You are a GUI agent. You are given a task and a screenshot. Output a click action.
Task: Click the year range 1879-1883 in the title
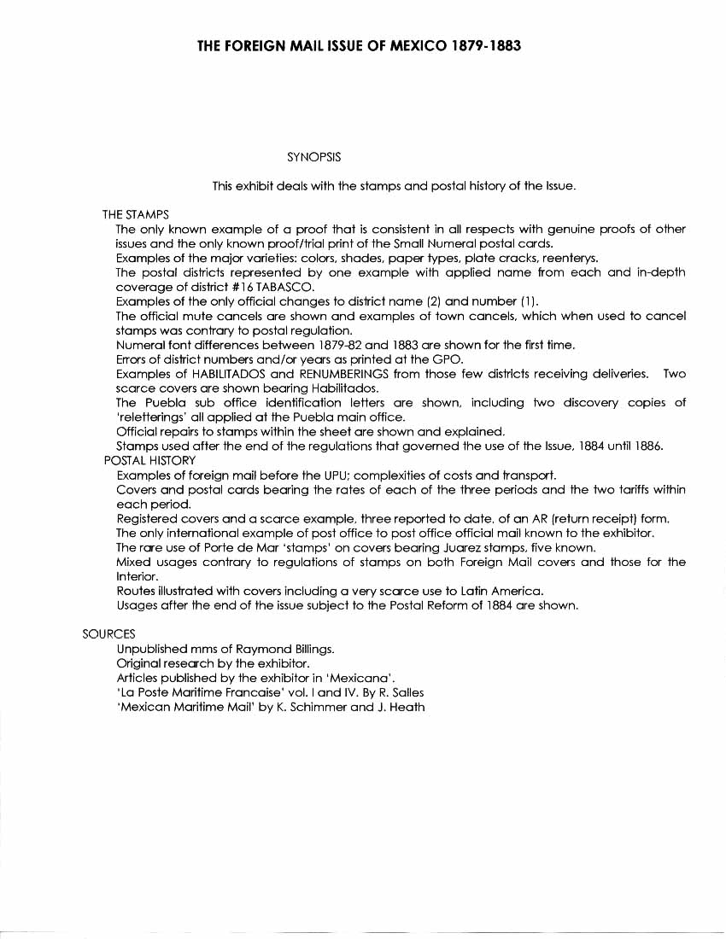pyautogui.click(x=483, y=45)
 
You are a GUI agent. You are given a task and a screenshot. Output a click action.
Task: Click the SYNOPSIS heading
pyautogui.click(x=313, y=157)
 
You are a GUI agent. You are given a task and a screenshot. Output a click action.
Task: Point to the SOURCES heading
pyautogui.click(x=108, y=634)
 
